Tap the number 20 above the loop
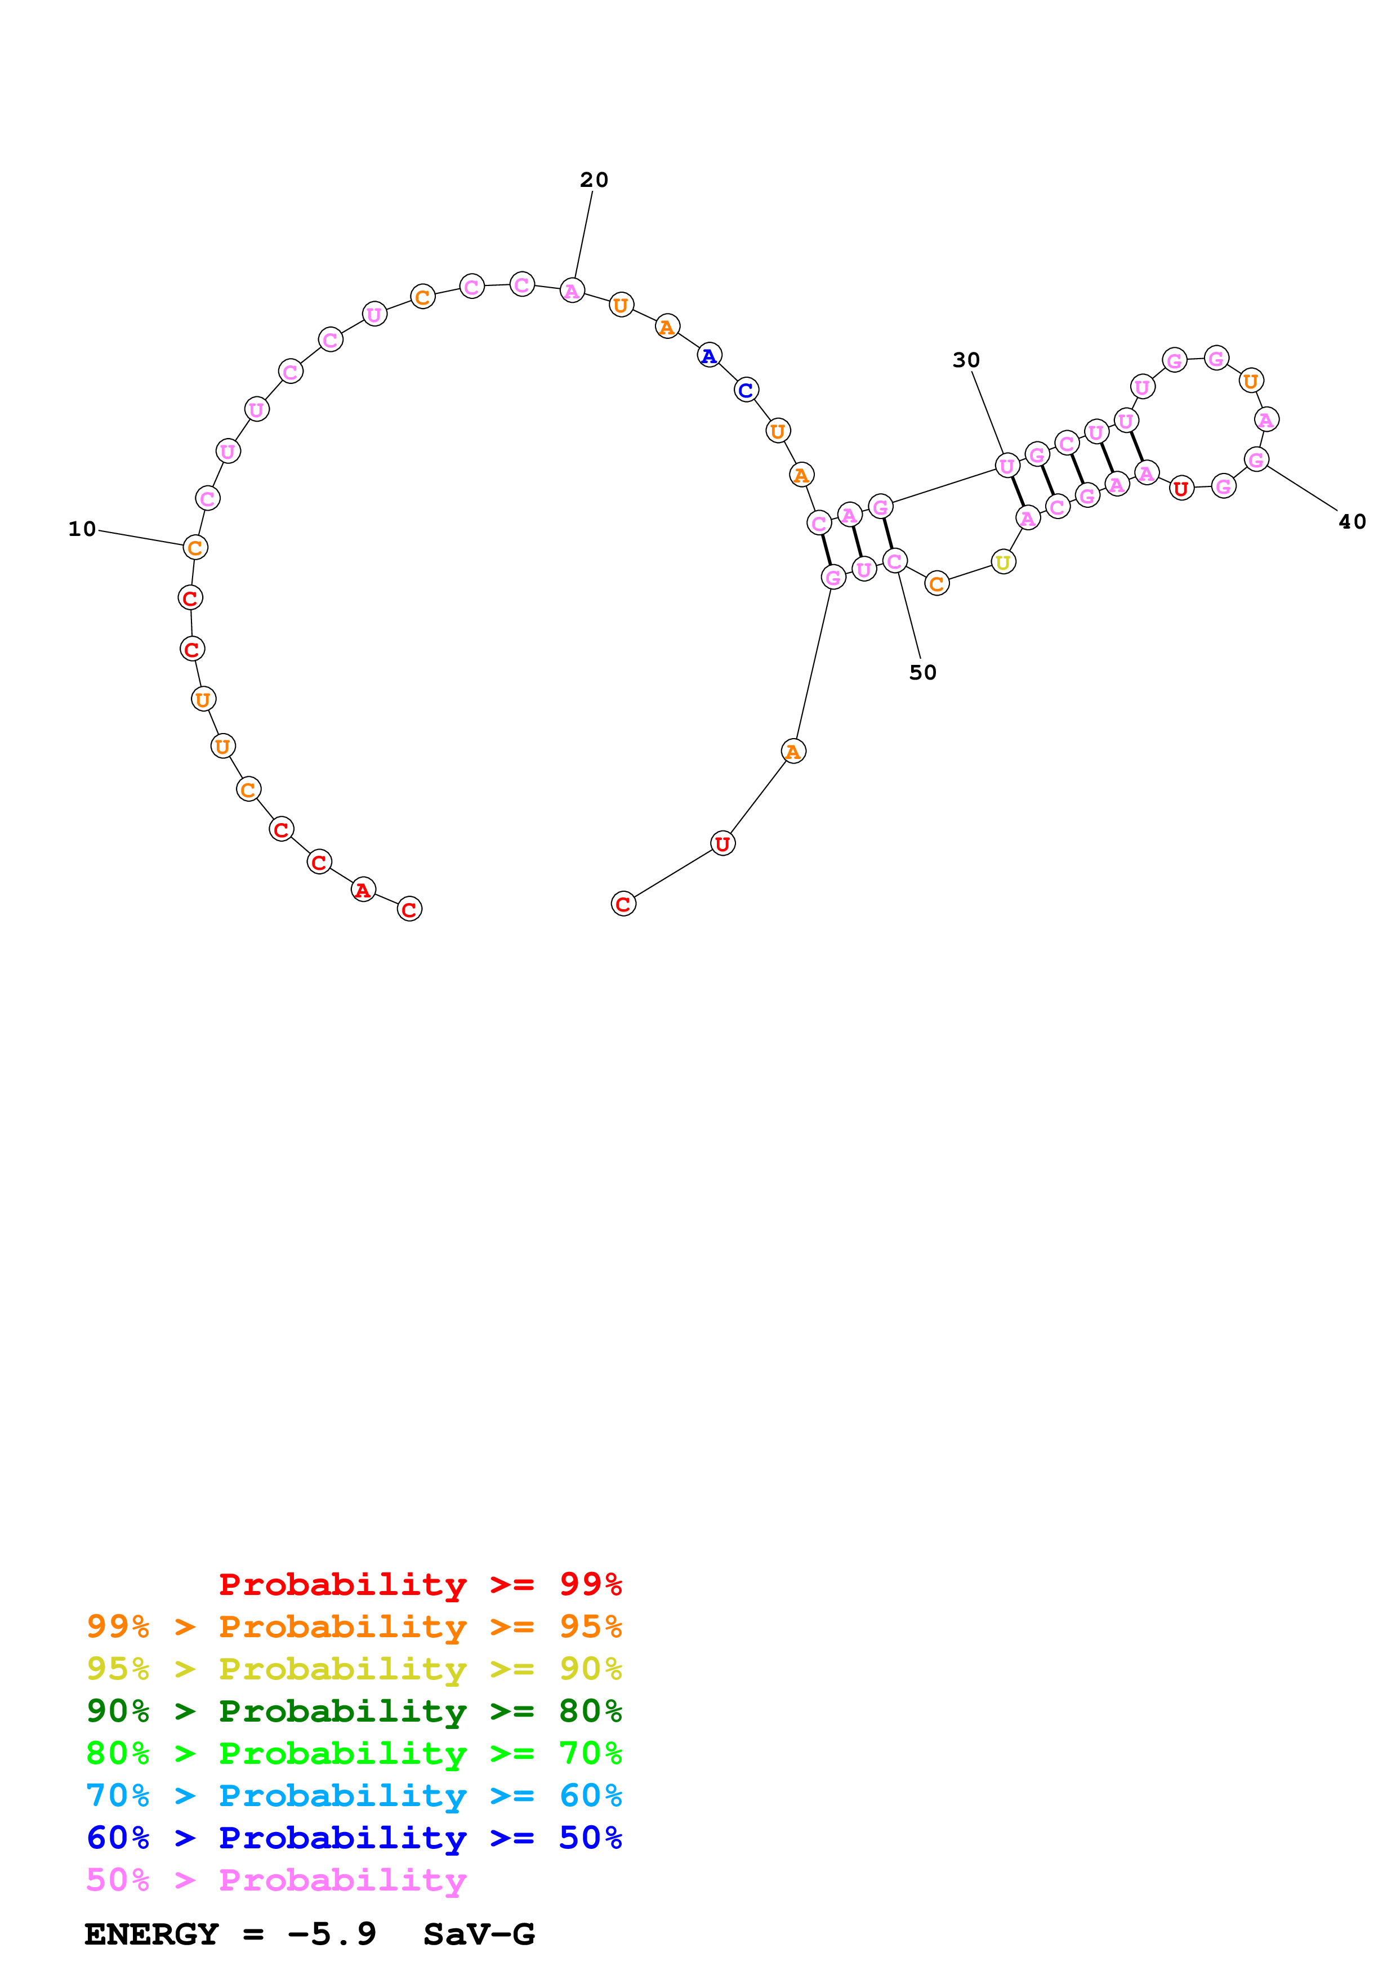coord(594,180)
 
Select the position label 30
coord(966,360)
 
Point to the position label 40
coord(1352,521)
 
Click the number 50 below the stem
coord(923,673)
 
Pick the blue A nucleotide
coord(709,355)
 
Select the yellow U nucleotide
coord(1003,562)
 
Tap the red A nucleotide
coord(363,890)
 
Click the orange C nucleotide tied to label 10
coord(195,547)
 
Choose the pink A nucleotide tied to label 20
coord(572,291)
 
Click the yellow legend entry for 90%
coord(354,1668)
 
